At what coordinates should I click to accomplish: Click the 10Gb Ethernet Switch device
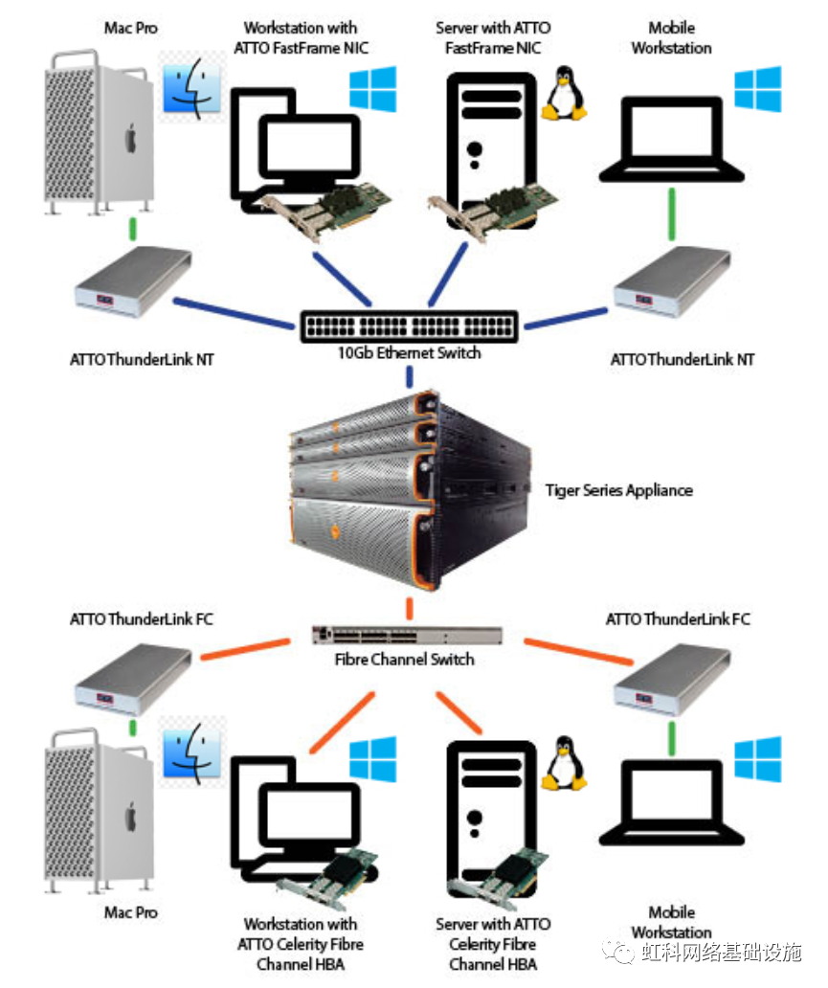(x=409, y=326)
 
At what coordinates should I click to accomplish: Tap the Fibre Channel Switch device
(x=408, y=635)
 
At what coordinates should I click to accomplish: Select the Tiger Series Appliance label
(x=618, y=490)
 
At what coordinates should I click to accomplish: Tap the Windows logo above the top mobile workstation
(x=758, y=88)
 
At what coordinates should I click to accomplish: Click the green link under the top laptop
(x=672, y=213)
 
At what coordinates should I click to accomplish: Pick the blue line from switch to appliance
(x=409, y=377)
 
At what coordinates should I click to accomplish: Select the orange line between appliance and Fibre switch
(x=409, y=607)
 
